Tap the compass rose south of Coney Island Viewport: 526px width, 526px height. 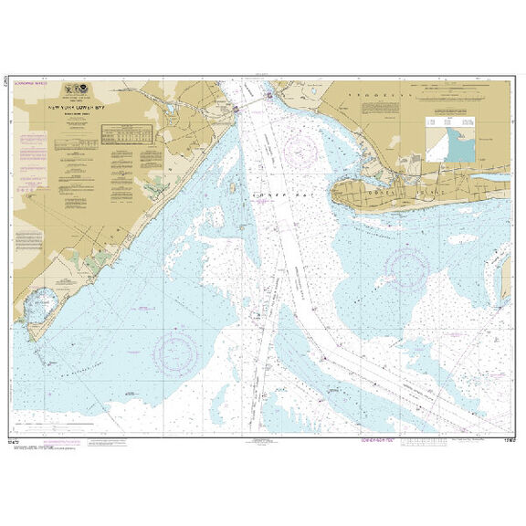pos(407,268)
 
